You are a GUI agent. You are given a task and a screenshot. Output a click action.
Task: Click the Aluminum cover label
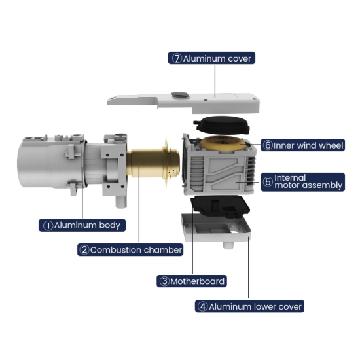211,58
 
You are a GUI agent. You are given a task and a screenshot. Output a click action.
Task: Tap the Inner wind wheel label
302,145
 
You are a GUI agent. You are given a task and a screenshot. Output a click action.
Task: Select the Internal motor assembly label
302,182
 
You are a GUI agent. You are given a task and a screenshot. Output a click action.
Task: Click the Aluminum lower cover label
249,306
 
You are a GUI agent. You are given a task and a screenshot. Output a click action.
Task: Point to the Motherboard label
192,281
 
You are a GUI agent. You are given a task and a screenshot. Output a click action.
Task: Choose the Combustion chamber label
130,250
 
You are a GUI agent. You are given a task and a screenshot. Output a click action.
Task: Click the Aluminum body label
82,225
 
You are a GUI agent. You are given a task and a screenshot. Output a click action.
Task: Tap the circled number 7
177,58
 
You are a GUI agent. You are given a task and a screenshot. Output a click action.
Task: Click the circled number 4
203,306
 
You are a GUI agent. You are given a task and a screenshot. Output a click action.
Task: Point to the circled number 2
84,250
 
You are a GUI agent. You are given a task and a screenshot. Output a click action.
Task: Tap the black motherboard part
221,206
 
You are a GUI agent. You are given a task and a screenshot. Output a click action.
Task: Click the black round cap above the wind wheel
221,124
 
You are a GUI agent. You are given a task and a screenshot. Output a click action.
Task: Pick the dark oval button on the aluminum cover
180,95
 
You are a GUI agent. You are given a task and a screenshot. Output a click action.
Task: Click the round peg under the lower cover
228,245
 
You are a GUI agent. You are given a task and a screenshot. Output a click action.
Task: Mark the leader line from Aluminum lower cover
248,268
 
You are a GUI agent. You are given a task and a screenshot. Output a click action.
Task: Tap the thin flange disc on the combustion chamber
166,161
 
